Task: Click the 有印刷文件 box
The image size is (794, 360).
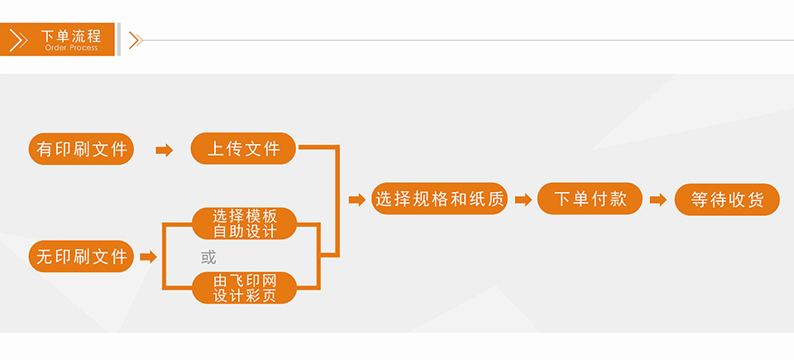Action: point(81,149)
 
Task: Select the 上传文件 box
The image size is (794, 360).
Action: point(243,149)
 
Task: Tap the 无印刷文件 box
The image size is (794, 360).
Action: point(81,257)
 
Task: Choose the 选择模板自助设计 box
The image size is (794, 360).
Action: point(244,223)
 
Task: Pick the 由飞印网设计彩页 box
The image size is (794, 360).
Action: point(244,288)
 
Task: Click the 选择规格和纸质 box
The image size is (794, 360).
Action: point(439,199)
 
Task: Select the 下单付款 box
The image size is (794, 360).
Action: point(589,199)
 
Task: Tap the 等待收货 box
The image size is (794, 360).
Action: point(727,199)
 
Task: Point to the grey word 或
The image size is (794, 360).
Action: point(208,257)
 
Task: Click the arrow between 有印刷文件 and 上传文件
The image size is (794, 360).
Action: point(164,150)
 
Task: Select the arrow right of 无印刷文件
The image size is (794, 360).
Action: point(148,257)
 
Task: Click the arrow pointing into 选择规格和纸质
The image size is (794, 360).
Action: point(356,199)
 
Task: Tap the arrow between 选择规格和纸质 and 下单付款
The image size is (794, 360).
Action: point(522,199)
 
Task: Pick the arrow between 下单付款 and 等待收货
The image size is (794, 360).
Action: point(658,199)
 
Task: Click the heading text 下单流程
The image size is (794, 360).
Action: point(71,36)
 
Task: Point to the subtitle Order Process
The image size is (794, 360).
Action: point(71,48)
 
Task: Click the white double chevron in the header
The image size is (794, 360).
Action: point(18,40)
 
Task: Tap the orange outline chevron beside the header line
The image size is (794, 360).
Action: point(136,40)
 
